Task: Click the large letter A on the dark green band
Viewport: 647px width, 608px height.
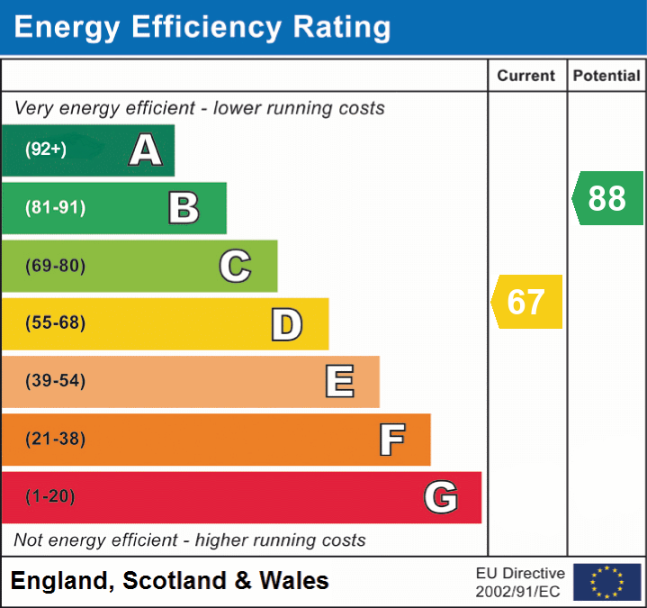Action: tap(146, 150)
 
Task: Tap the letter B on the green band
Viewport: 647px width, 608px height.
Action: tap(184, 208)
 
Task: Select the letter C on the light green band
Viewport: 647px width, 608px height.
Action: tap(235, 266)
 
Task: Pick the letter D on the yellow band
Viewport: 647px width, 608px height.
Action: tap(286, 324)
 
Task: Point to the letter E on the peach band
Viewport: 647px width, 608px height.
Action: tap(339, 382)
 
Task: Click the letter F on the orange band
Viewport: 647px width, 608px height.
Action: tap(391, 440)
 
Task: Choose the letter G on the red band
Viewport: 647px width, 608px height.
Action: tap(441, 497)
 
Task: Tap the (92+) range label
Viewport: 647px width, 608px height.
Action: tap(46, 150)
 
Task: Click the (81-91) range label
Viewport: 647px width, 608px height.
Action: tap(55, 208)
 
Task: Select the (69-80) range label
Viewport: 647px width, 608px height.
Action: tap(55, 266)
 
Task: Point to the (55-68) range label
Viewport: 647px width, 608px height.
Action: tap(55, 323)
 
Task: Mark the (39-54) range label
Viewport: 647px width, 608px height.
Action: tap(55, 381)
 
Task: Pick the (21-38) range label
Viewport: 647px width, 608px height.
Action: tap(55, 440)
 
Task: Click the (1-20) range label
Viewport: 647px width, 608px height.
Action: tap(50, 497)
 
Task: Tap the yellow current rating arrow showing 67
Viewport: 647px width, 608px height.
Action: tap(526, 302)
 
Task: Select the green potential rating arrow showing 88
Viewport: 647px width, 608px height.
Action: tap(607, 198)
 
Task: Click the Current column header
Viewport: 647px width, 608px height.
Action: tap(526, 77)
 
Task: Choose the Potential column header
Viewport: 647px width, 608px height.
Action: tap(607, 77)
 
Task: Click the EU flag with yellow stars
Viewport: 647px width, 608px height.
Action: tap(607, 582)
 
